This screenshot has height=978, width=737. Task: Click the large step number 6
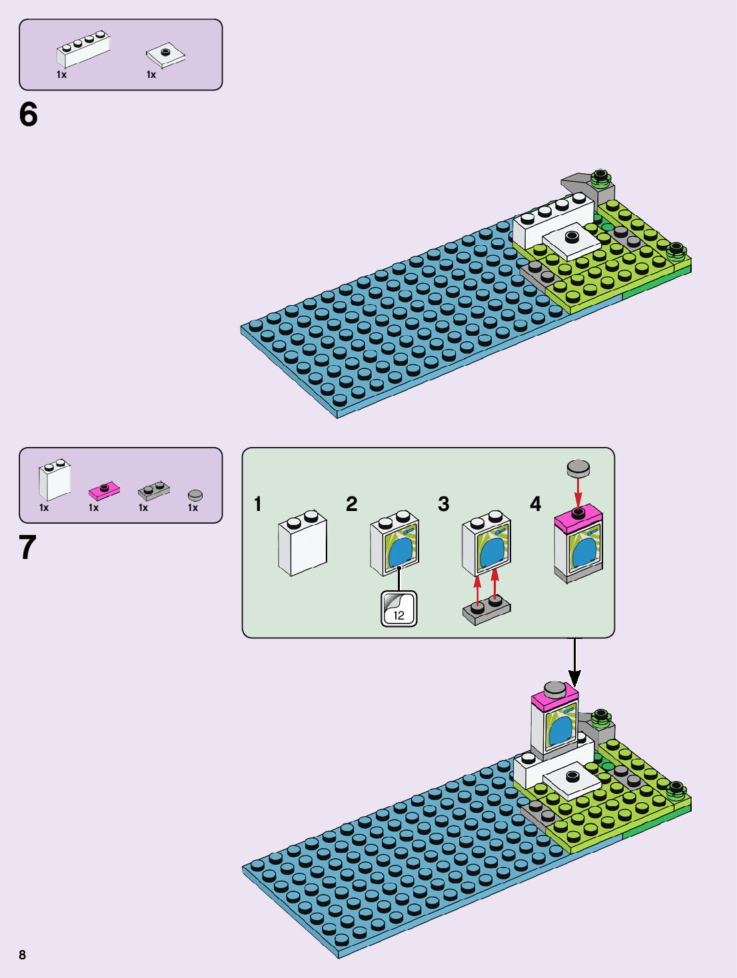pyautogui.click(x=29, y=115)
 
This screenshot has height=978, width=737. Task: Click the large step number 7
pyautogui.click(x=27, y=548)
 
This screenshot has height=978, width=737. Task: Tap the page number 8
pyautogui.click(x=22, y=955)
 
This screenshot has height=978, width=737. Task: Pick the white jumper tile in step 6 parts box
pyautogui.click(x=165, y=55)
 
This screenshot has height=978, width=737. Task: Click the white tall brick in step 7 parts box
pyautogui.click(x=55, y=480)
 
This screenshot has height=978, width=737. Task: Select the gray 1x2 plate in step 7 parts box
pyautogui.click(x=154, y=491)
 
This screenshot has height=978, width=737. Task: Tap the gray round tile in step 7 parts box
pyautogui.click(x=195, y=495)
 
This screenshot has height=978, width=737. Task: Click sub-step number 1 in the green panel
pyautogui.click(x=258, y=504)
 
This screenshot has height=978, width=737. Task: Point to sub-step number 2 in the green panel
pyautogui.click(x=352, y=504)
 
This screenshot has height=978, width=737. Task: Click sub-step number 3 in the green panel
pyautogui.click(x=444, y=504)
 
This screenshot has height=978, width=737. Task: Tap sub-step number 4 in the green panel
pyautogui.click(x=535, y=504)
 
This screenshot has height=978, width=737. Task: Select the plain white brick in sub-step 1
pyautogui.click(x=303, y=542)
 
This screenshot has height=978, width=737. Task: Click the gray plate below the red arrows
pyautogui.click(x=486, y=610)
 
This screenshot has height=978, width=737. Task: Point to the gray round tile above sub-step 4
pyautogui.click(x=578, y=468)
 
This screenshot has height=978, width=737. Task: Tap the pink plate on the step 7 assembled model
pyautogui.click(x=554, y=701)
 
